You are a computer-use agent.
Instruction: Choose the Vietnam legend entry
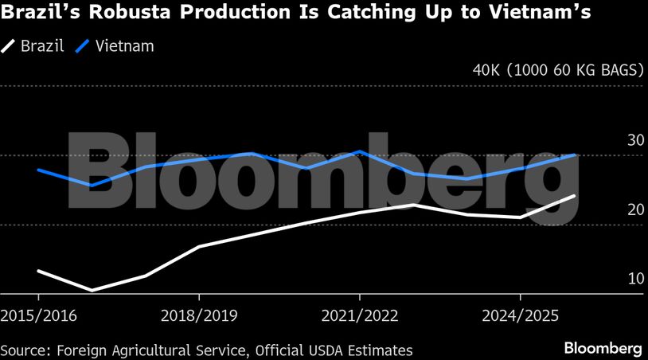tap(115, 46)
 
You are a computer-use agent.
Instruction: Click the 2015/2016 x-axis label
tap(39, 315)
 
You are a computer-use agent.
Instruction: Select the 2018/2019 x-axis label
tap(199, 315)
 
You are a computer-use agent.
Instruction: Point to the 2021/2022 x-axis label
tap(360, 315)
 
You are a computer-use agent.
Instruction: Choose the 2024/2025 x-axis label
tap(520, 315)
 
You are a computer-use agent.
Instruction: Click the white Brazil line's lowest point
tap(92, 290)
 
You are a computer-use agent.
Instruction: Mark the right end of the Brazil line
tap(574, 196)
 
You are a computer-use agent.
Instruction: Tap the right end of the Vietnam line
tap(574, 155)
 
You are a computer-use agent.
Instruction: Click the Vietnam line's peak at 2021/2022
tap(360, 151)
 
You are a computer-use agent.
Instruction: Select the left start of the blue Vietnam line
tap(38, 170)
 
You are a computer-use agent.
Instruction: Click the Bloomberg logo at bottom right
tap(603, 349)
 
